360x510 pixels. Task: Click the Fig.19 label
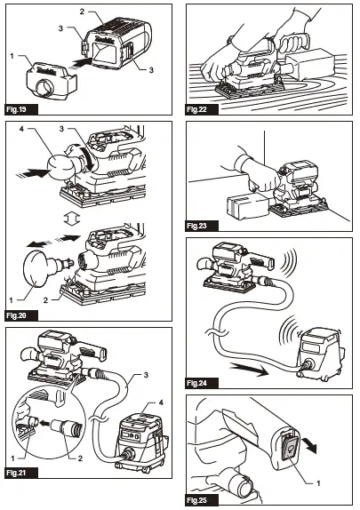[x=19, y=109]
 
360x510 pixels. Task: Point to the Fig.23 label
[x=202, y=226]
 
